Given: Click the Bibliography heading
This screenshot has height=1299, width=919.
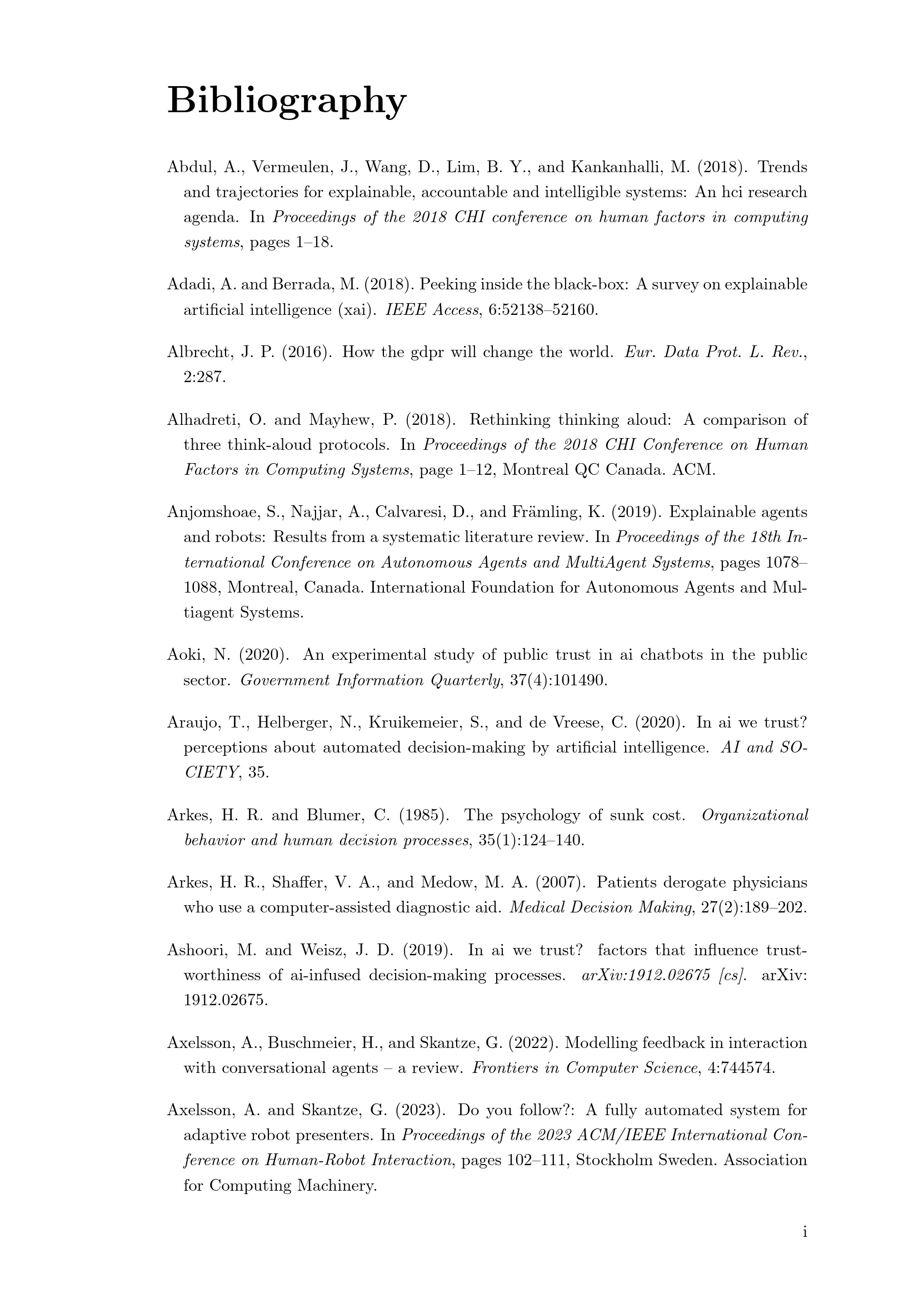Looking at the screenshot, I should click(286, 101).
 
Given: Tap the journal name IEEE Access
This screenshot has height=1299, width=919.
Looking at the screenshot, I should click(432, 310).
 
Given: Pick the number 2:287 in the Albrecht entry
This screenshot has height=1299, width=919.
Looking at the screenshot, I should click(204, 377).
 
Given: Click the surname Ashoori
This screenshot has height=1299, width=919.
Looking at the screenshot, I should click(197, 950).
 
